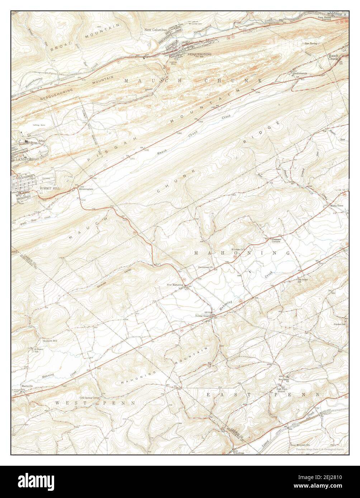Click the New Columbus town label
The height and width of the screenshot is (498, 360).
(156, 30)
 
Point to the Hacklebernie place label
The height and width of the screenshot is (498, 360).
(300, 73)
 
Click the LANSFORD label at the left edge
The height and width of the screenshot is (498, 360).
(24, 159)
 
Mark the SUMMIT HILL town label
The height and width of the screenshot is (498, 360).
(50, 188)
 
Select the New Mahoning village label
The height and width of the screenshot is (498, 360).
(175, 285)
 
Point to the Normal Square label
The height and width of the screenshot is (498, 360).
(202, 316)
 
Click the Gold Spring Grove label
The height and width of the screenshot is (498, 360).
(89, 398)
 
